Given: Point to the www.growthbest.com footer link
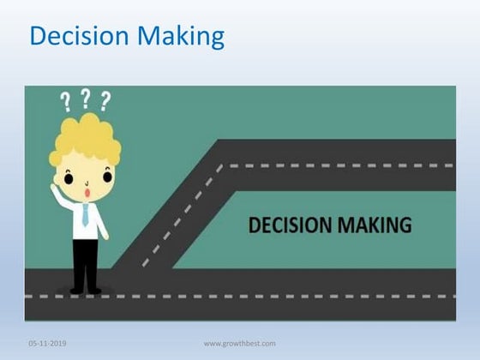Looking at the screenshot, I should tap(239, 344).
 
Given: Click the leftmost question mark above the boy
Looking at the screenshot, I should tap(66, 104).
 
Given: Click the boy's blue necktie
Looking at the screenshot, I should tap(85, 214).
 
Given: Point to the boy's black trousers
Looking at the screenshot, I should tap(85, 261).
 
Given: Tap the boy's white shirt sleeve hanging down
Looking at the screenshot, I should tap(100, 222).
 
